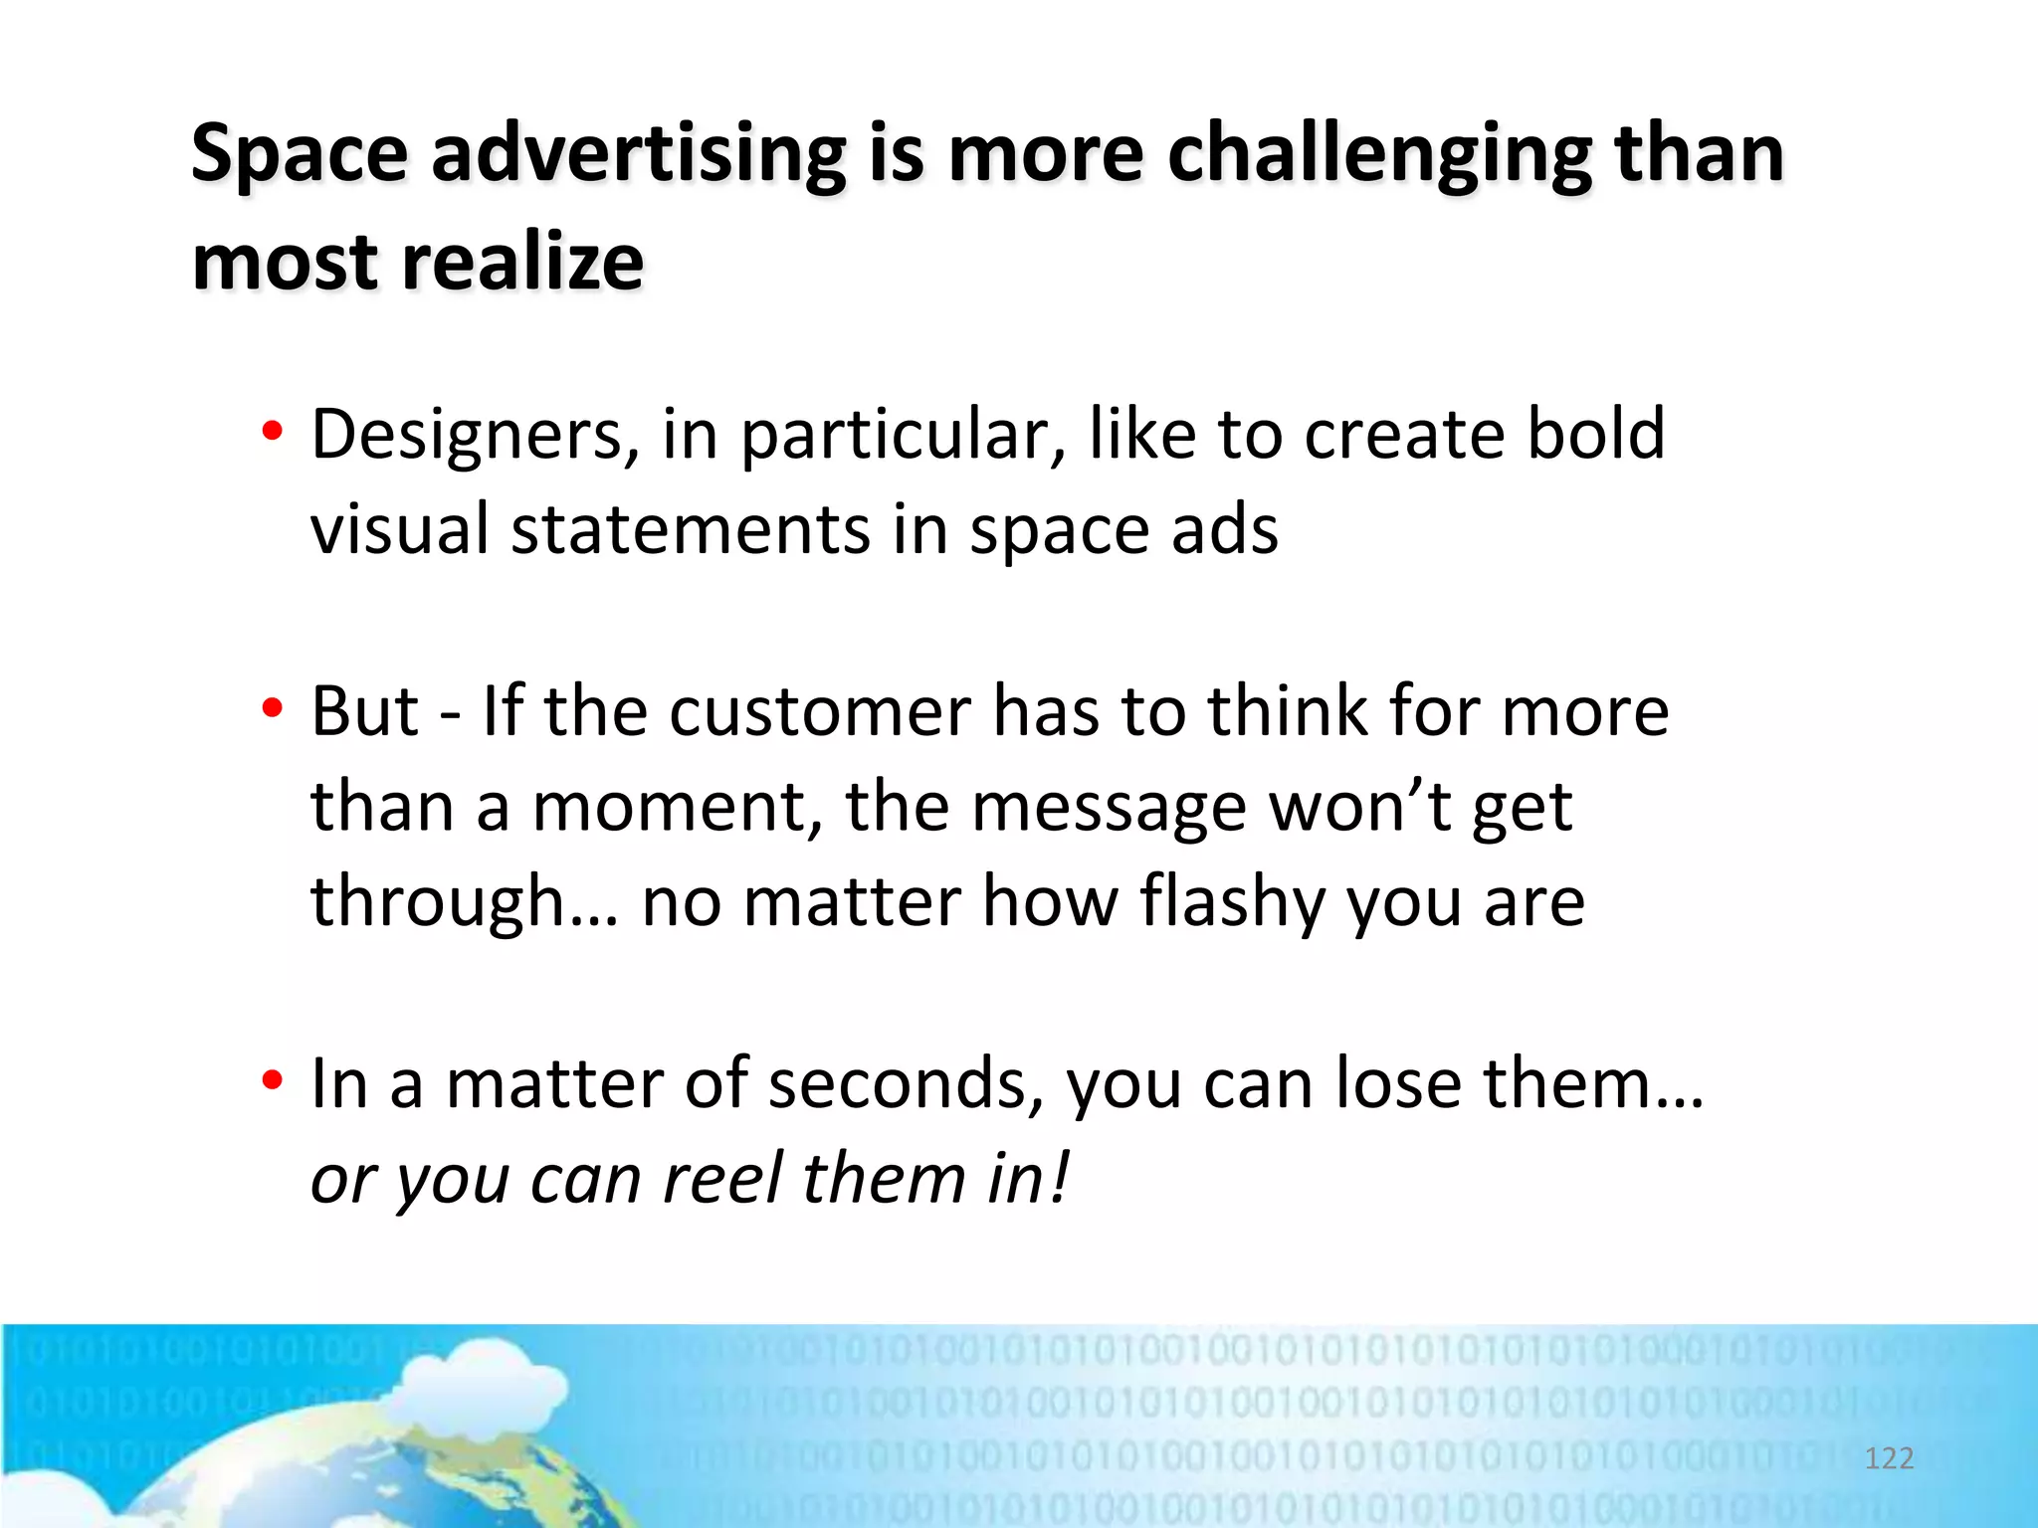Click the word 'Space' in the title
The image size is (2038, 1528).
coord(299,156)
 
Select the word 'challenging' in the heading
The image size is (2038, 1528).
coord(1379,156)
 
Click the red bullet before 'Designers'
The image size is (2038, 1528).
coord(272,433)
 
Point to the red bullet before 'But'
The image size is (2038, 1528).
coord(272,709)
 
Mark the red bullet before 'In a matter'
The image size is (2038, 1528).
coord(272,1081)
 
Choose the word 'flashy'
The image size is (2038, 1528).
coord(1232,901)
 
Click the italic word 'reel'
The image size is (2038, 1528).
coord(722,1178)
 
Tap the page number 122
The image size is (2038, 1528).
coord(1889,1458)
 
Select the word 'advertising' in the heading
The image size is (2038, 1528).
coord(638,156)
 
